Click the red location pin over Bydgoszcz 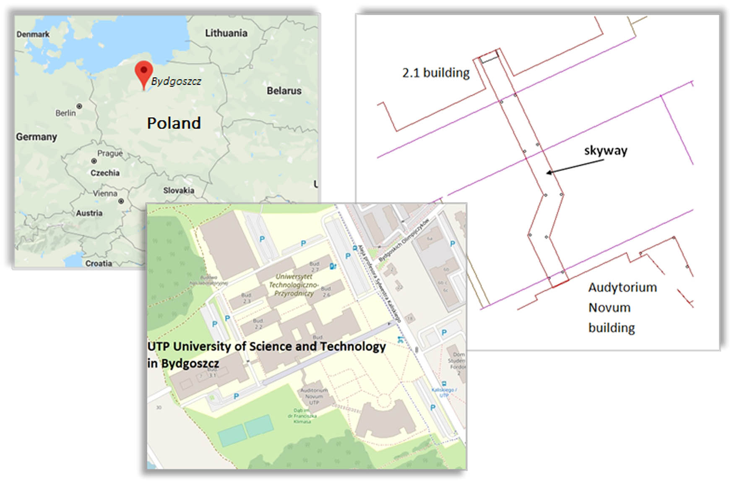(x=143, y=72)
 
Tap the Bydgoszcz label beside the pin (x=176, y=81)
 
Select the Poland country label (x=174, y=123)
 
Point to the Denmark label (x=33, y=34)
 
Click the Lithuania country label (x=226, y=33)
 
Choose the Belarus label (x=284, y=90)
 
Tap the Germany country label (x=36, y=137)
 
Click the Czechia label (x=105, y=173)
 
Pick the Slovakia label (x=179, y=190)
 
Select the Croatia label (x=99, y=263)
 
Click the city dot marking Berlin (x=79, y=106)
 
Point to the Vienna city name (x=105, y=193)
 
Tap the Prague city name (x=110, y=153)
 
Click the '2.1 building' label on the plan (x=436, y=73)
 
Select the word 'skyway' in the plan (x=606, y=150)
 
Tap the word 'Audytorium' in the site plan (x=622, y=288)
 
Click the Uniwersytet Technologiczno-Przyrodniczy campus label (x=294, y=285)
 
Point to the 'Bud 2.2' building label (x=258, y=324)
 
